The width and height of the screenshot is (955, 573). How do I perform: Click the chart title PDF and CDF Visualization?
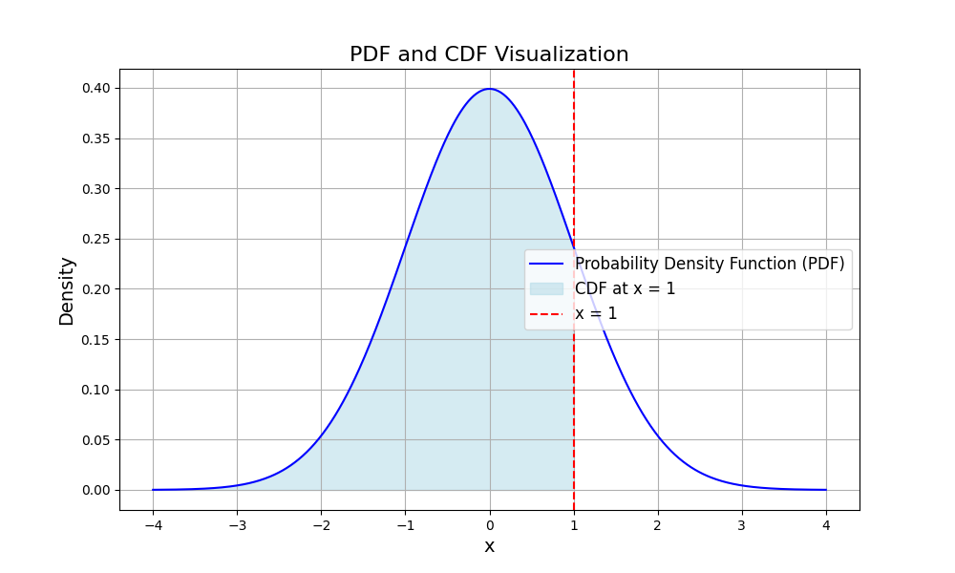pyautogui.click(x=489, y=54)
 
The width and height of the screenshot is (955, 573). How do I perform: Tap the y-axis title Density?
pyautogui.click(x=67, y=290)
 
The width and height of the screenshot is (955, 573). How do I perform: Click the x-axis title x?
pyautogui.click(x=489, y=546)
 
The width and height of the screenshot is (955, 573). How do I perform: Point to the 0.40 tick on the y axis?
pyautogui.click(x=95, y=88)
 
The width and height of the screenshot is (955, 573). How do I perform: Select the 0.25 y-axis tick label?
pyautogui.click(x=95, y=239)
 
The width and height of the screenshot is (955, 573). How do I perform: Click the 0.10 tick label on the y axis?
pyautogui.click(x=95, y=390)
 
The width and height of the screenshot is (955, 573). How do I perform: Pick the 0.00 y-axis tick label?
pyautogui.click(x=95, y=490)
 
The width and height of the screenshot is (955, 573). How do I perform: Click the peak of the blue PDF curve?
pyautogui.click(x=490, y=89)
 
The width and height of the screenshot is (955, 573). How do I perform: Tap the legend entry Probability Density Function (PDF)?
pyautogui.click(x=710, y=264)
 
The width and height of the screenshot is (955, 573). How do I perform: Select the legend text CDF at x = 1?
pyautogui.click(x=625, y=288)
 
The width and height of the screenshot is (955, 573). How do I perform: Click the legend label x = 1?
pyautogui.click(x=596, y=313)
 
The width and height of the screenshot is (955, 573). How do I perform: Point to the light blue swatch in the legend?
pyautogui.click(x=546, y=288)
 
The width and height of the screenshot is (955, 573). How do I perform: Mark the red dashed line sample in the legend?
pyautogui.click(x=546, y=313)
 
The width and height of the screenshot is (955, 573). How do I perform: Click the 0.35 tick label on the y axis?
pyautogui.click(x=95, y=138)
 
